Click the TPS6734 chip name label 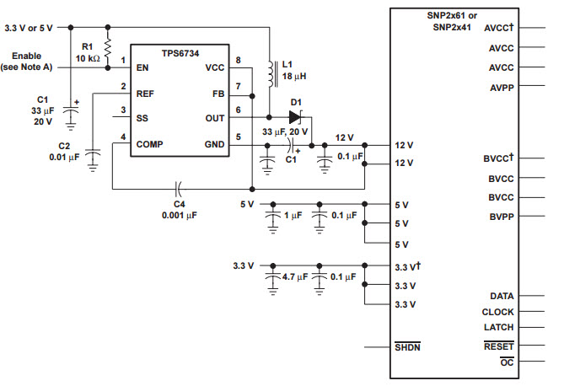(180, 53)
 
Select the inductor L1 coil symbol (272, 74)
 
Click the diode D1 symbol (296, 117)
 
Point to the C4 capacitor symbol (178, 189)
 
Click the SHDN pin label (407, 346)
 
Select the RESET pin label (498, 346)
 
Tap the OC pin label (507, 362)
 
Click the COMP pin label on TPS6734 (149, 144)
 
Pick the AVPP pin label (502, 88)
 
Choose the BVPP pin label (502, 217)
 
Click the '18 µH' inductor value (294, 76)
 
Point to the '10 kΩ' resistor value (88, 58)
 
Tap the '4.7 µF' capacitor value (295, 276)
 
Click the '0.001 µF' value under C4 (180, 215)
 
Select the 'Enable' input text (27, 56)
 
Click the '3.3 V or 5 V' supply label (29, 28)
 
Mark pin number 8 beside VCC (238, 60)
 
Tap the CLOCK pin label (497, 312)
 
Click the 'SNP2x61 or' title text (452, 15)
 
